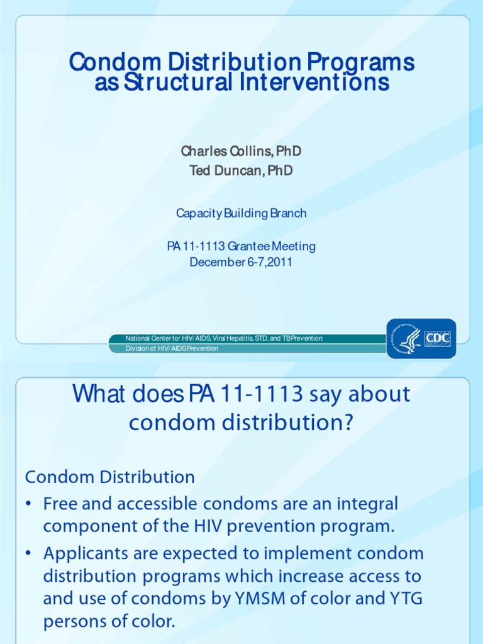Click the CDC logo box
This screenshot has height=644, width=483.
[x=438, y=338]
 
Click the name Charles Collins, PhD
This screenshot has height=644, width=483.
[x=241, y=151]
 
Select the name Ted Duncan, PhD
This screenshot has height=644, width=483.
[x=241, y=171]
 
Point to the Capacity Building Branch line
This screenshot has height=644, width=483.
[x=241, y=213]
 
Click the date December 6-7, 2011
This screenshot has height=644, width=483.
[x=241, y=262]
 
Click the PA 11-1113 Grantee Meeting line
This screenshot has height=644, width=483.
[x=241, y=246]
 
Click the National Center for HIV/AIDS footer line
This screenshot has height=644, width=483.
[x=224, y=338]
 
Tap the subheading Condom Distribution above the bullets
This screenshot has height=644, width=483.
[x=110, y=477]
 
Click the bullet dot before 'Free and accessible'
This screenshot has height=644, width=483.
[x=29, y=504]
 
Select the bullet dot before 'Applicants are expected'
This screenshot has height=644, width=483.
[x=29, y=554]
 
